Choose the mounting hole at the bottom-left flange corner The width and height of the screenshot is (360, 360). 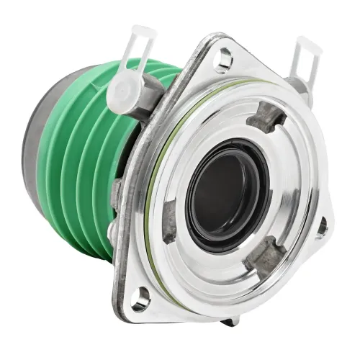tap(141, 294)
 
